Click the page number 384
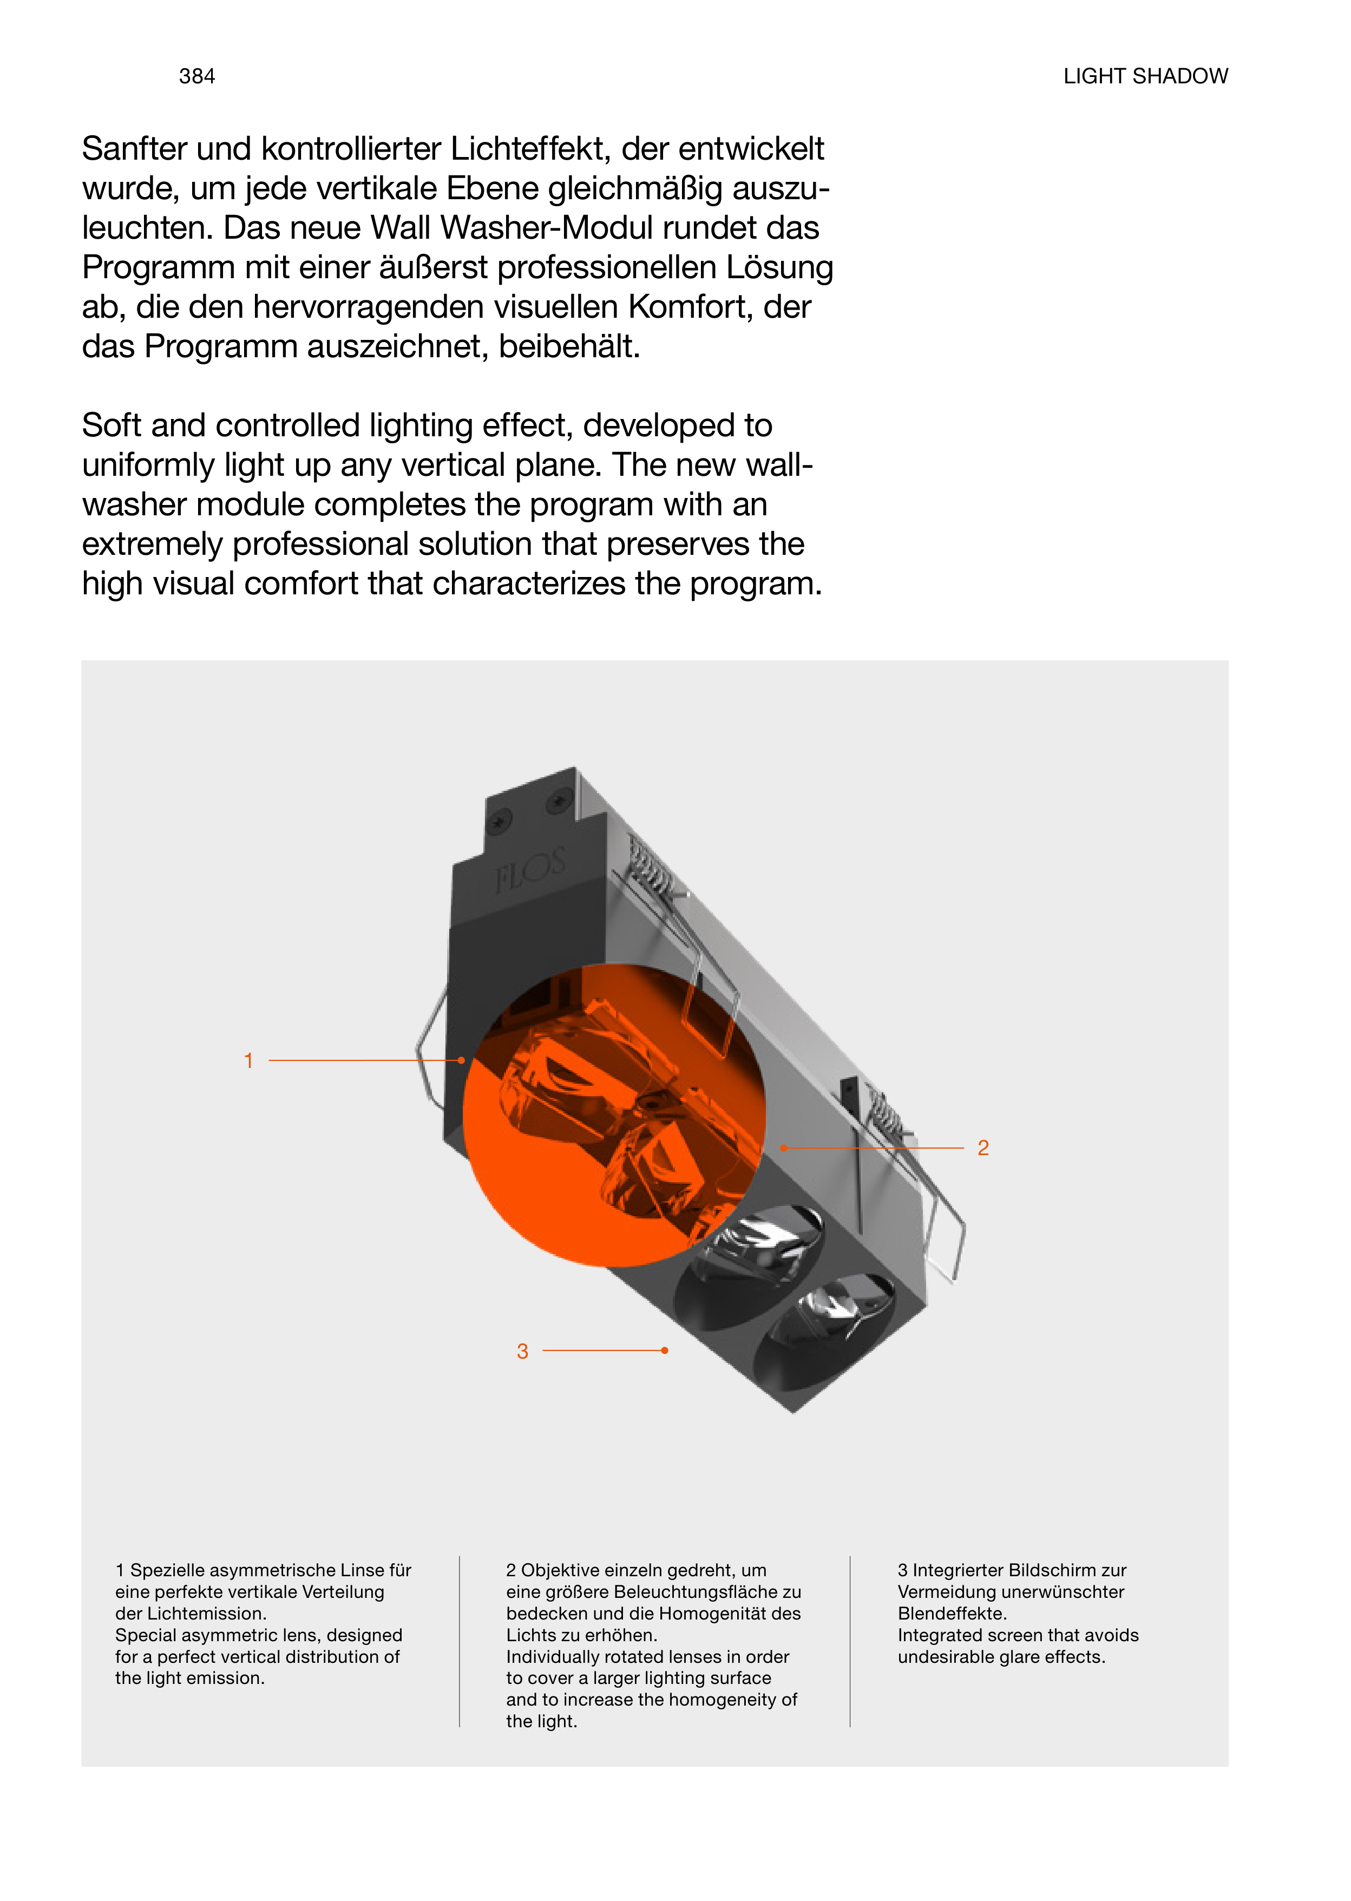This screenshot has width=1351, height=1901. (197, 76)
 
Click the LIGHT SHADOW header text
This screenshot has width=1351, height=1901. (1145, 76)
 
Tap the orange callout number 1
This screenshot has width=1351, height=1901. (248, 1061)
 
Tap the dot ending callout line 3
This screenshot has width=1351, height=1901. (665, 1351)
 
